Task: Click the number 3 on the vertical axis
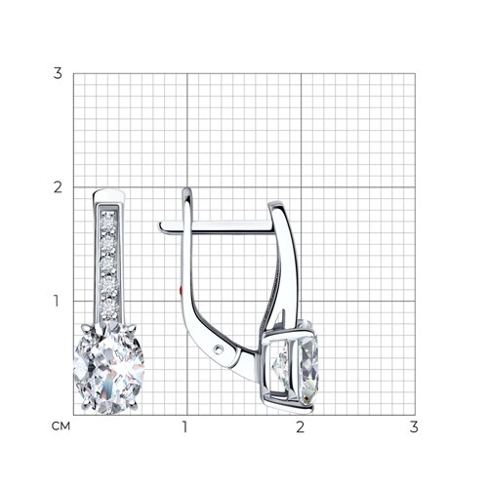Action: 58,73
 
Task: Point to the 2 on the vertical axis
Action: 58,187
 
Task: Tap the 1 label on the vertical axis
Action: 57,301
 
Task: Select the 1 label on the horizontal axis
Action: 185,427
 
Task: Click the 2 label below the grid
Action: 300,427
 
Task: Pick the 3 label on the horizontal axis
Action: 414,427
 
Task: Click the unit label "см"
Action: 61,427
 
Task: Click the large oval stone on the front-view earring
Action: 109,368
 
